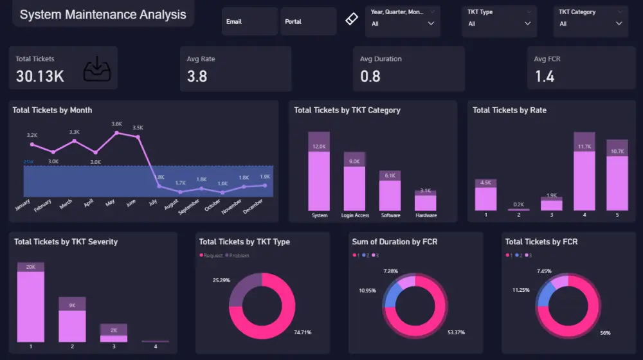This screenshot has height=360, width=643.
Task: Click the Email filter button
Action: point(249,22)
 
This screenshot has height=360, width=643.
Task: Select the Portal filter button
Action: point(308,22)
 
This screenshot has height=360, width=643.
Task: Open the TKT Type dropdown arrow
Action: point(527,24)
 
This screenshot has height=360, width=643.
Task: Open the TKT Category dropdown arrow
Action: point(619,24)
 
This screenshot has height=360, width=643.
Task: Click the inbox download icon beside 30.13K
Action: point(96,69)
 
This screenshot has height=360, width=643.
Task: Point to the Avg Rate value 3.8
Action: point(197,76)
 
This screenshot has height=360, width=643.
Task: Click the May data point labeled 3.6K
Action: point(116,133)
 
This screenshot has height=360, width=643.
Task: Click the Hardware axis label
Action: point(426,215)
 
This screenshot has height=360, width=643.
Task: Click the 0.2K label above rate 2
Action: point(518,204)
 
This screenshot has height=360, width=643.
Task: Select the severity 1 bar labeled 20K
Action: point(30,305)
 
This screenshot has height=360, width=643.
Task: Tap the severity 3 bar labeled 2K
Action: point(113,334)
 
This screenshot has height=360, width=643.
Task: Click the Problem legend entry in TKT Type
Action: point(238,256)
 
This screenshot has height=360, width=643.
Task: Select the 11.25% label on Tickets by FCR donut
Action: point(520,290)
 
